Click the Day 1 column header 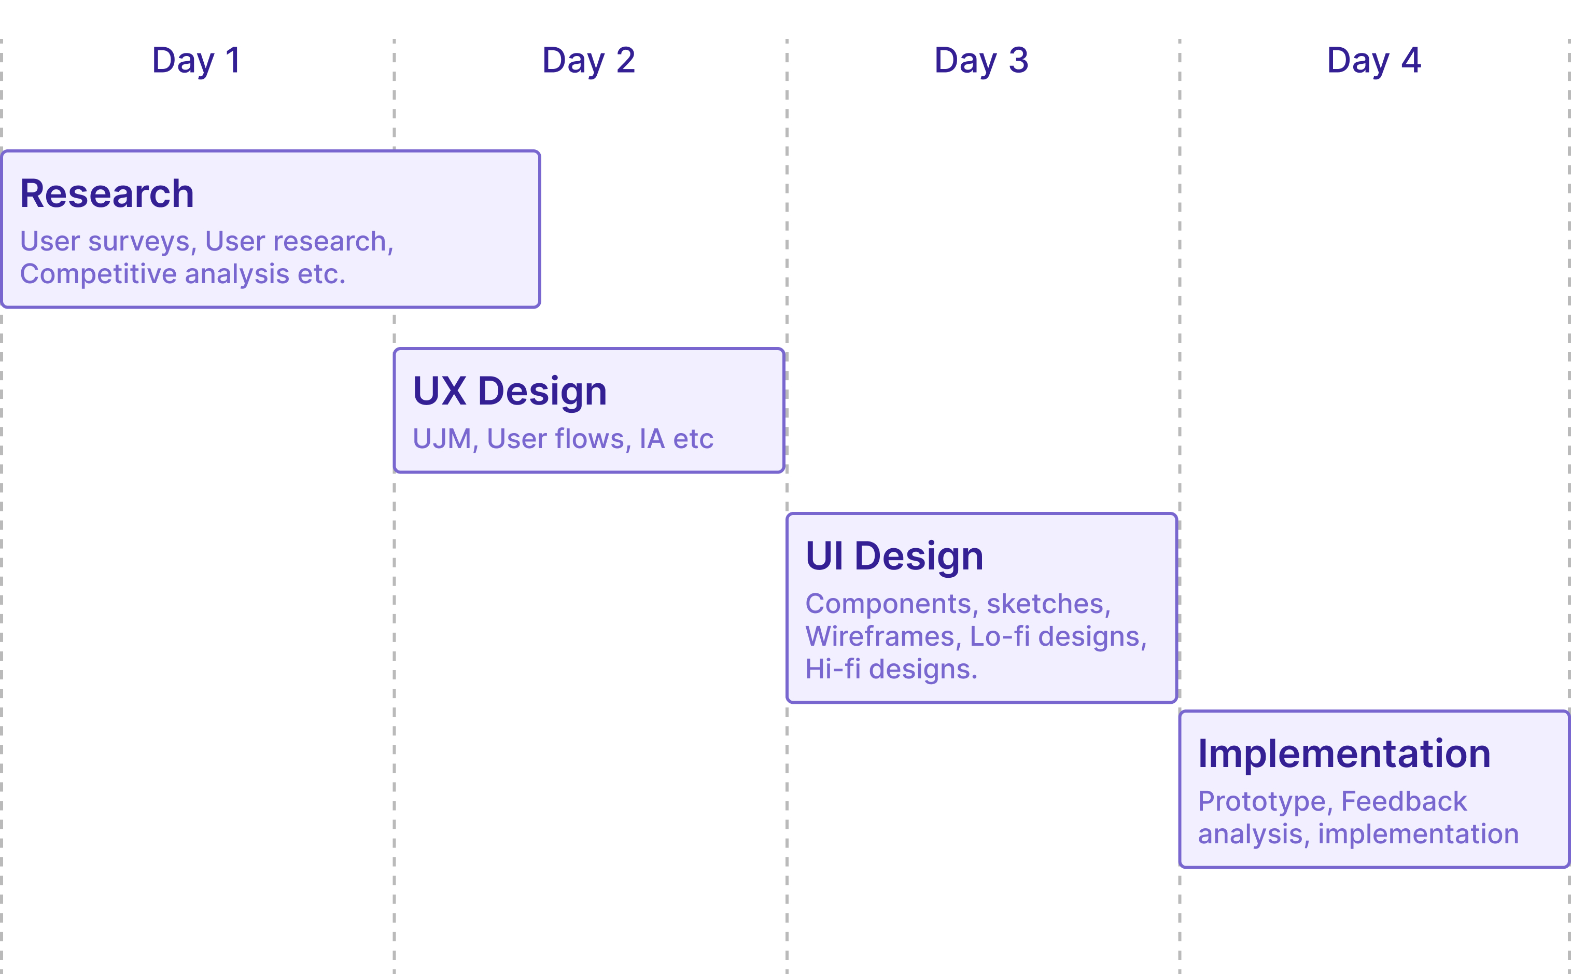[197, 61]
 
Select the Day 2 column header [588, 61]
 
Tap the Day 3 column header [981, 61]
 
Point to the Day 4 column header [1373, 61]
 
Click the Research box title [107, 193]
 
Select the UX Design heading [509, 391]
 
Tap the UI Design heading [894, 556]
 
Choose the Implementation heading [1344, 754]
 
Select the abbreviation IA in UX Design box [652, 439]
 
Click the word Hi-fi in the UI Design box [833, 670]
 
